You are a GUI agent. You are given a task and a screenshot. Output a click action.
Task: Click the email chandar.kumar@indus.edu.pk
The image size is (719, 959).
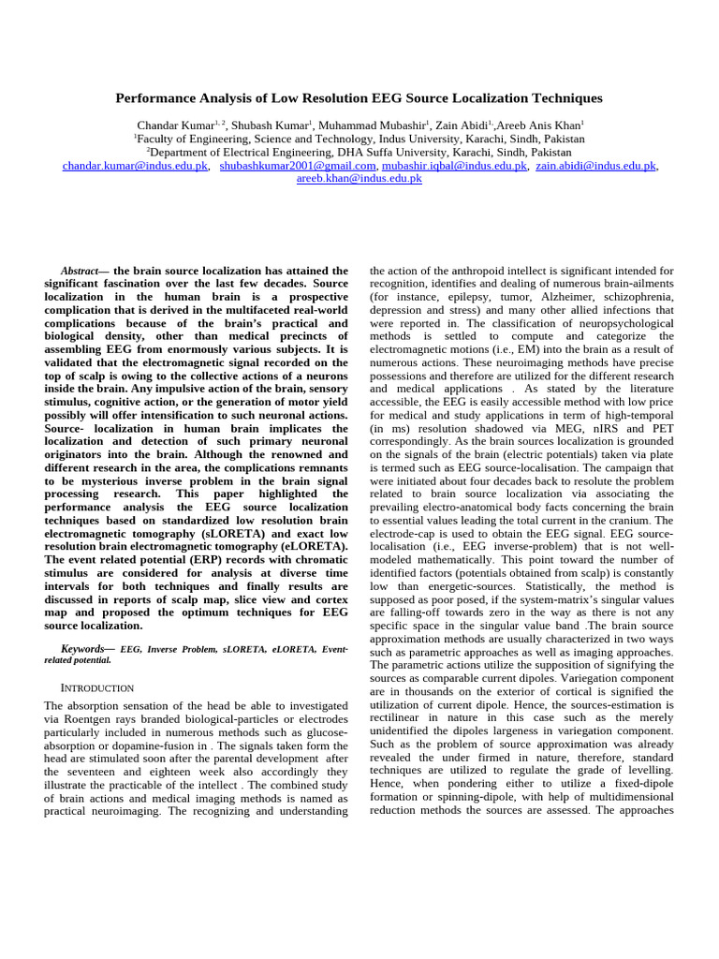135,166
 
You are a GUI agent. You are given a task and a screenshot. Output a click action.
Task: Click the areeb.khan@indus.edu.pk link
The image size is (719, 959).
359,178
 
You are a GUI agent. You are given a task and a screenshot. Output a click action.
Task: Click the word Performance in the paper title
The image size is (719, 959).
158,98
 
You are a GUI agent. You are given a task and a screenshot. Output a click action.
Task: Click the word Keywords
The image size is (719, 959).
81,648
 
